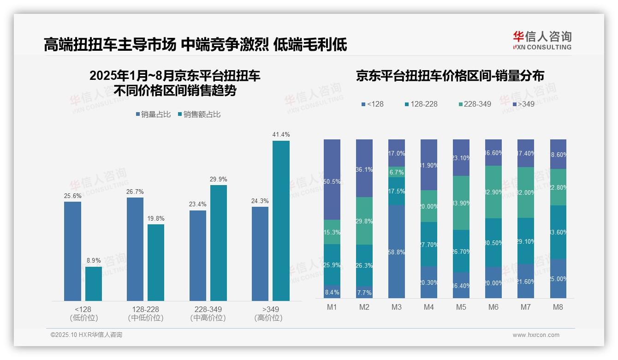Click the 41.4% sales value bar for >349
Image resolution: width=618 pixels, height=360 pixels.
pyautogui.click(x=281, y=221)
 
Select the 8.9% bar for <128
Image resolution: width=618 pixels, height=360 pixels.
pyautogui.click(x=94, y=284)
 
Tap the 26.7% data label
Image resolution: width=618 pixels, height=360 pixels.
pyautogui.click(x=135, y=192)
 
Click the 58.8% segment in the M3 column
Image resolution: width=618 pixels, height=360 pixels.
pyautogui.click(x=397, y=252)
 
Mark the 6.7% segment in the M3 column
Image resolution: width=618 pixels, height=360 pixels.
pyautogui.click(x=397, y=172)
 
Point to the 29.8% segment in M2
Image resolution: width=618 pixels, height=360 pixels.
pyautogui.click(x=364, y=221)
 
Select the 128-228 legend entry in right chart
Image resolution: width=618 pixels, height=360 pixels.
pyautogui.click(x=420, y=104)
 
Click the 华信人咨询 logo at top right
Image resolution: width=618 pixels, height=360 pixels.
pyautogui.click(x=542, y=40)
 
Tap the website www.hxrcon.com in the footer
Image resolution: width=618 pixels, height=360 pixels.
pyautogui.click(x=535, y=335)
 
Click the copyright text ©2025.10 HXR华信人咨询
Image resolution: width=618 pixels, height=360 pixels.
pyautogui.click(x=86, y=335)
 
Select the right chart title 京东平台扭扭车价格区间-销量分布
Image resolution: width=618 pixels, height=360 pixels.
pyautogui.click(x=450, y=76)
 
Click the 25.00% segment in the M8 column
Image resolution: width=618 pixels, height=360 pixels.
pyautogui.click(x=558, y=279)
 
